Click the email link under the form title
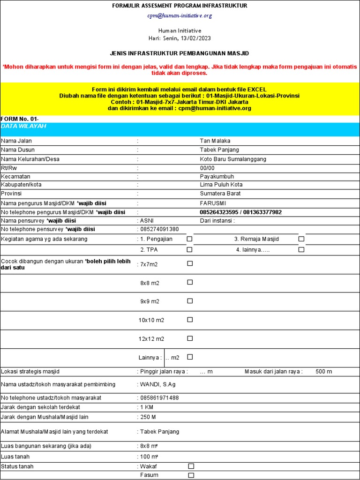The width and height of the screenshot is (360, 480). click(x=180, y=15)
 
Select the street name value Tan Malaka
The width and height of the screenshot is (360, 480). click(x=215, y=141)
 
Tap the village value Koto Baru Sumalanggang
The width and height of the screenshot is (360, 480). click(x=233, y=159)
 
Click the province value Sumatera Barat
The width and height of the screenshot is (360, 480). click(x=220, y=193)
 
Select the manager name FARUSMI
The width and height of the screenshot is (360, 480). click(x=213, y=203)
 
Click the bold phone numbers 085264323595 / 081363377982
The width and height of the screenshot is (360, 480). click(x=240, y=212)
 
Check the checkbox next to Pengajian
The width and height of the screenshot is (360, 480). click(x=190, y=239)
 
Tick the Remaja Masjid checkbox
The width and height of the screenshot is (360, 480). click(x=301, y=239)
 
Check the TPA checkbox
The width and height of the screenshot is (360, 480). click(x=190, y=249)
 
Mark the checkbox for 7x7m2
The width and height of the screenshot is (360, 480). click(x=190, y=263)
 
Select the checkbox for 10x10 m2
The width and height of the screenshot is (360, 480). click(x=190, y=320)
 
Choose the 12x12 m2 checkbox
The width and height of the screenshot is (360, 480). click(x=190, y=338)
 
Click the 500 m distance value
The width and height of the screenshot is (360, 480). click(x=323, y=371)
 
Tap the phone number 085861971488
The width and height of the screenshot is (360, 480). click(x=159, y=397)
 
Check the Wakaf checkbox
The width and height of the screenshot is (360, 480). click(x=191, y=466)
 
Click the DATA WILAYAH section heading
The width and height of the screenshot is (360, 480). click(x=23, y=127)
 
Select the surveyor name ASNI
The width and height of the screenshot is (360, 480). click(x=147, y=220)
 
